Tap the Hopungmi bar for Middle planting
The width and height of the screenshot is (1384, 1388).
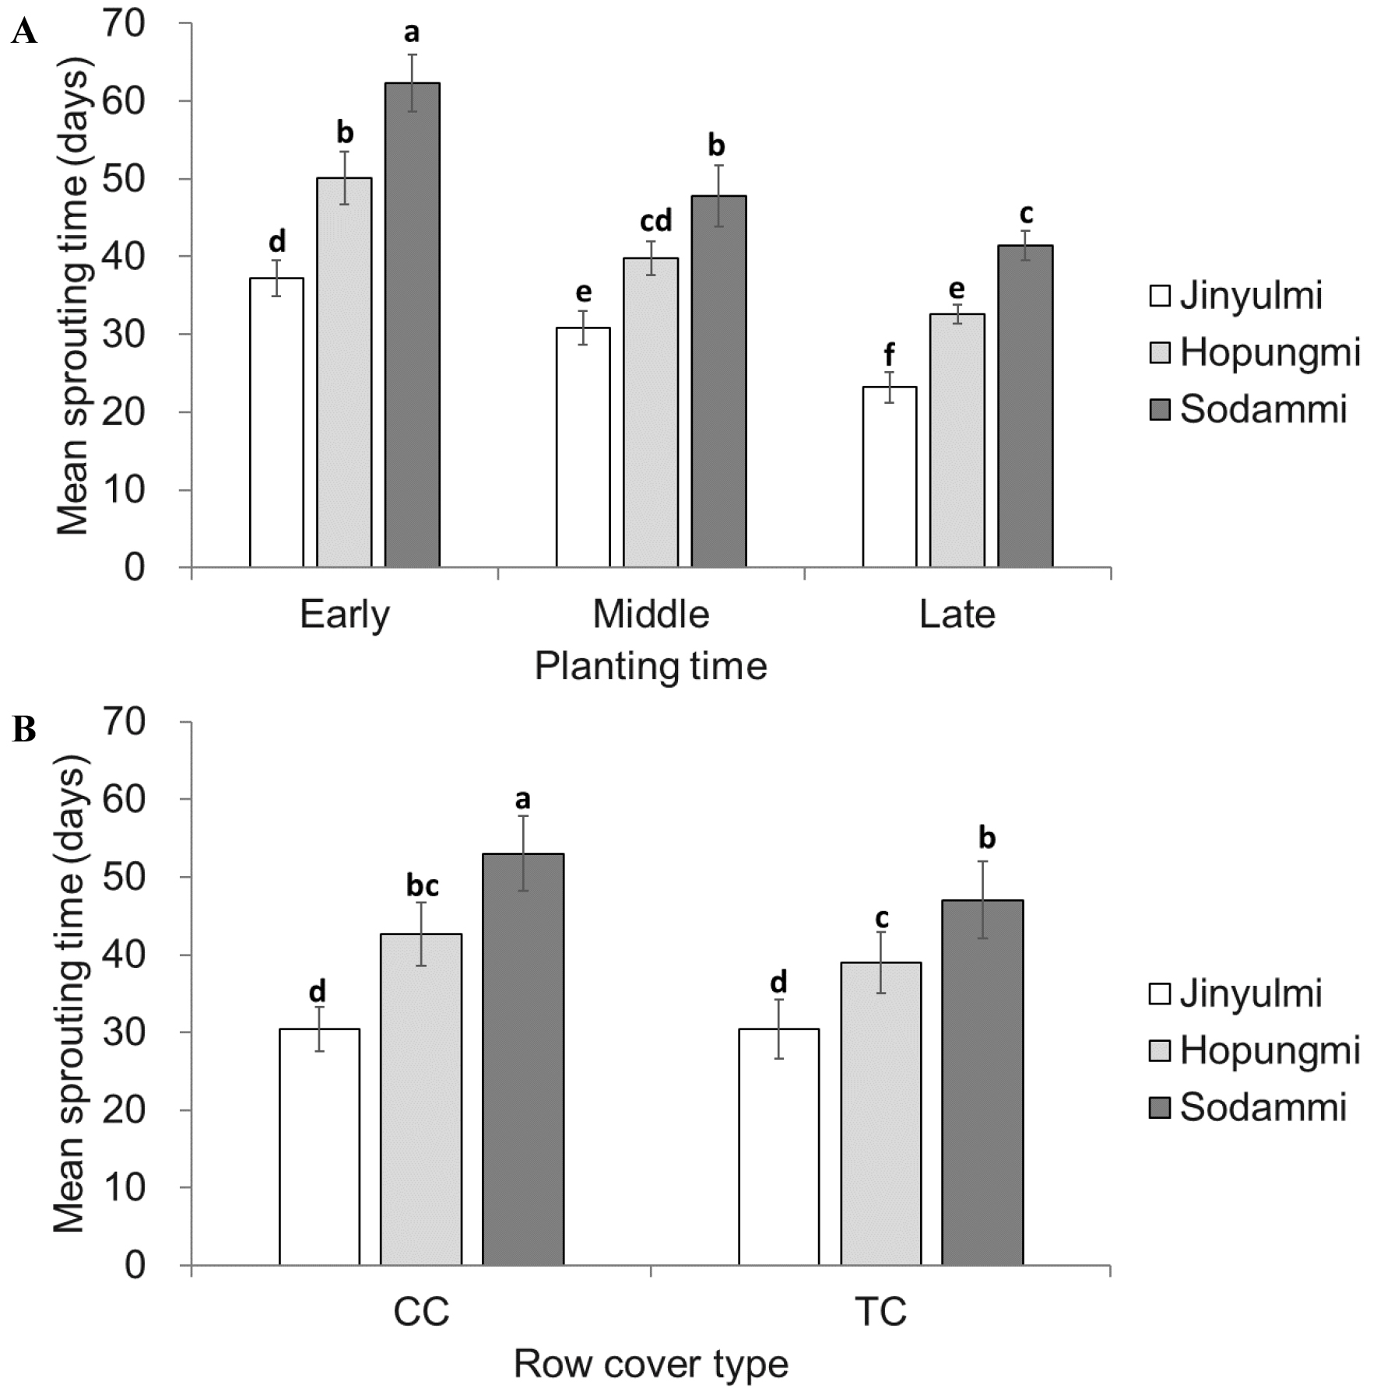coord(651,412)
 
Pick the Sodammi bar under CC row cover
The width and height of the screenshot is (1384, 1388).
coord(523,1059)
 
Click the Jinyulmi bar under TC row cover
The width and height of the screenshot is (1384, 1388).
coord(778,1147)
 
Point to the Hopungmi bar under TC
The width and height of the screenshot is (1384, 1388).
coord(880,1113)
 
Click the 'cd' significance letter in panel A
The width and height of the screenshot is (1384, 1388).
coord(655,222)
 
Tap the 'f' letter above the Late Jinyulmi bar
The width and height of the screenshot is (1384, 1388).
coord(889,356)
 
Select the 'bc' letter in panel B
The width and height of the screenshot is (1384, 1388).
coord(422,885)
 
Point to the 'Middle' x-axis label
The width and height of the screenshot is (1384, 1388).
coord(651,615)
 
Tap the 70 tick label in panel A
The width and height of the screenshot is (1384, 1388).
coord(124,25)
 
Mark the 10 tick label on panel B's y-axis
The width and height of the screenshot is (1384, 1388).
coord(124,1188)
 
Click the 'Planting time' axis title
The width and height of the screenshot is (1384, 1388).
coord(651,667)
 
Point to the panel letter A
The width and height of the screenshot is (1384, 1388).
coord(24,32)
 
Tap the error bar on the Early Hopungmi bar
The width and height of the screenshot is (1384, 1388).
coord(344,177)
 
